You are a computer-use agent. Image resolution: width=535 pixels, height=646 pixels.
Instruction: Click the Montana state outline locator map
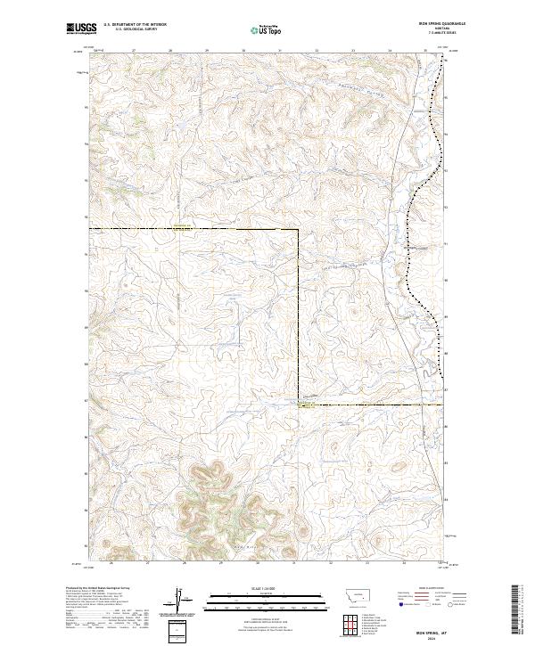point(348,593)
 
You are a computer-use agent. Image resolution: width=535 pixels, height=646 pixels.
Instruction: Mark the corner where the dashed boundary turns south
point(298,230)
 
